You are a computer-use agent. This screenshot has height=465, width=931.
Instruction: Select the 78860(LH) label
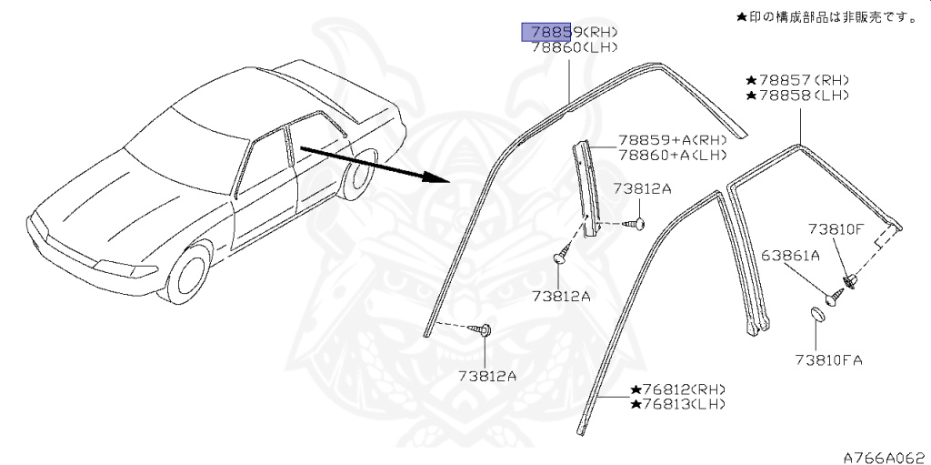575,49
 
